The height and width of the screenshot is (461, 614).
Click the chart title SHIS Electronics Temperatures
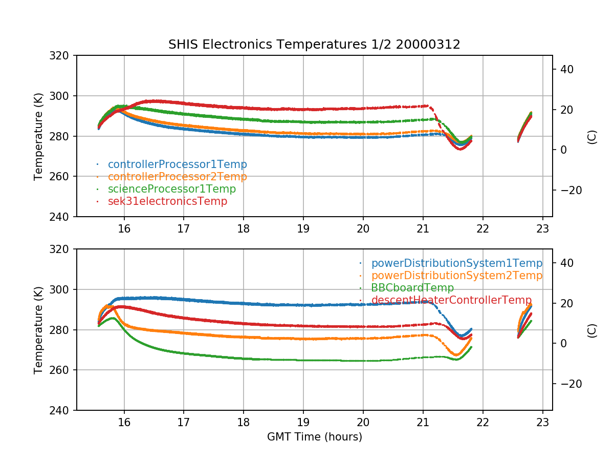coord(314,45)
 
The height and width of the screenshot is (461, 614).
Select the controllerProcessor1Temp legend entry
coord(177,164)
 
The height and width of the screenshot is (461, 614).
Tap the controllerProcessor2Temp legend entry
coord(177,177)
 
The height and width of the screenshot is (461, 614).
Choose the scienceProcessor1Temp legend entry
coord(171,189)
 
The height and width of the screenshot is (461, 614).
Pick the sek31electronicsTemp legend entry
coord(167,201)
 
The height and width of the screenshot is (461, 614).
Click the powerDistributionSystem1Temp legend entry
coord(456,263)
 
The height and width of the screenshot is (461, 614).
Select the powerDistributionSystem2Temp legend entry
coord(456,276)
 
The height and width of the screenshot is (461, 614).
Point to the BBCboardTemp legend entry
coord(412,288)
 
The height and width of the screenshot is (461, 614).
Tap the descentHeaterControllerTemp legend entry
coord(451,300)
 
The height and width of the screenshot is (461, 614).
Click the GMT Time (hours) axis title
coord(314,437)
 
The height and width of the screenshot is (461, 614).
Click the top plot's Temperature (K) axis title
coord(38,136)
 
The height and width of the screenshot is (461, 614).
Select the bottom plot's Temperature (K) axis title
coord(38,329)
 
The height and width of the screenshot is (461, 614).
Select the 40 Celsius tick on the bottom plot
coord(568,263)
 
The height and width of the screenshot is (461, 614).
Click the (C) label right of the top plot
coord(593,137)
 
